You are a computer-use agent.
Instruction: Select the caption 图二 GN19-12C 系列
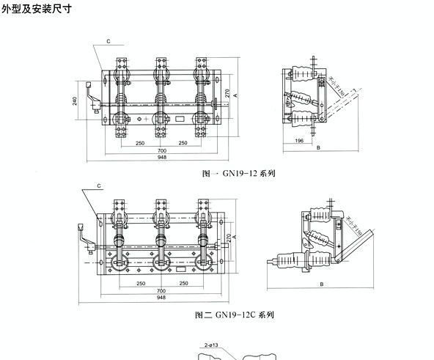235,315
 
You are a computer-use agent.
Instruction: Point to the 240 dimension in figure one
75,100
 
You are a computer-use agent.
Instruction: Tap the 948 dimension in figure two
161,298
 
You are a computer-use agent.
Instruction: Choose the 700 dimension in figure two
161,291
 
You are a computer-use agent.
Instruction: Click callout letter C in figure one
108,43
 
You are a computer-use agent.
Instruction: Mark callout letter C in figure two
98,185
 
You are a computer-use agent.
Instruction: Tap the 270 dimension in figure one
227,94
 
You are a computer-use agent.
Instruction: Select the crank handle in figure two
83,238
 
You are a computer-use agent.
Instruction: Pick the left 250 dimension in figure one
139,142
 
